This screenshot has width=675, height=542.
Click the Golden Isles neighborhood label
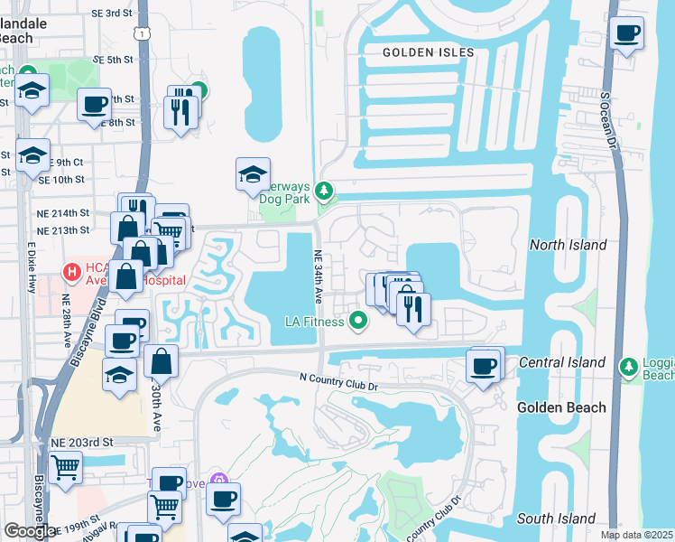[x=428, y=52]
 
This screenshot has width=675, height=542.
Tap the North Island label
[x=569, y=245]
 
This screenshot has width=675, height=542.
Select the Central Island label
[x=562, y=362]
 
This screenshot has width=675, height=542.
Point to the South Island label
[x=556, y=519]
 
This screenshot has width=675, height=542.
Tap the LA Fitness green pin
[x=359, y=320]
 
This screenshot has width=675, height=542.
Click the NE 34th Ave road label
[x=319, y=276]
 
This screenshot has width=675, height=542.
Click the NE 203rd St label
[x=81, y=443]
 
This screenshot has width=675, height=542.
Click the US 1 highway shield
[x=142, y=33]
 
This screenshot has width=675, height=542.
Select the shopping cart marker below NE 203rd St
[x=66, y=468]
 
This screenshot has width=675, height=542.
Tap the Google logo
[x=30, y=531]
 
